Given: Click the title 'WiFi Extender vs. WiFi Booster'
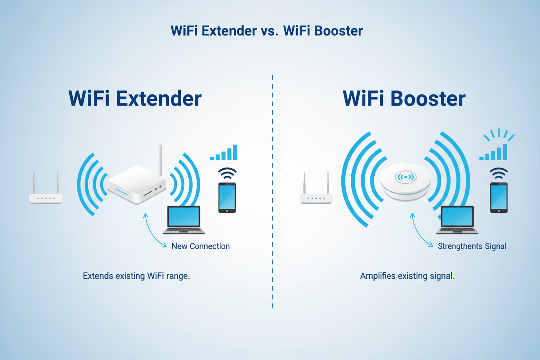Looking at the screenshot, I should [267, 31].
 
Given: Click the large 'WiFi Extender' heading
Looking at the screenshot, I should [135, 99].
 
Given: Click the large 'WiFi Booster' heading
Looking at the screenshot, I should [404, 99].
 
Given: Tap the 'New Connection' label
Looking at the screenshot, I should [200, 246].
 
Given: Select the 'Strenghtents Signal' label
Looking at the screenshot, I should [472, 246].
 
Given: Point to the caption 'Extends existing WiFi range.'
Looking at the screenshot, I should [136, 276].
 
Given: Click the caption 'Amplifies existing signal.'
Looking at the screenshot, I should [407, 276].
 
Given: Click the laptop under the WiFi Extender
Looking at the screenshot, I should [184, 220].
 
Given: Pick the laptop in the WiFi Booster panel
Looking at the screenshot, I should [457, 220].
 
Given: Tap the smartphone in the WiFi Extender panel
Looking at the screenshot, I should [227, 197].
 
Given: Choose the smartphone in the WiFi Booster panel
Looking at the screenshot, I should [498, 197].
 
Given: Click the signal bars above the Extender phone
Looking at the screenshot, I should [224, 153].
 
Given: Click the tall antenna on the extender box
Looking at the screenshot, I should [161, 160].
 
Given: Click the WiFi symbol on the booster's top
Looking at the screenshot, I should [405, 177].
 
